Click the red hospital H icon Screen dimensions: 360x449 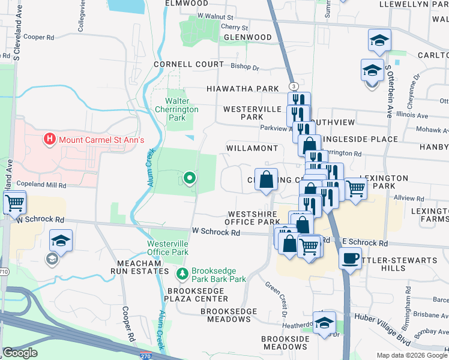50,140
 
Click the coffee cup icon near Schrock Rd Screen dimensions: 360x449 351,259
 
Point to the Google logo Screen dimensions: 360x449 20,352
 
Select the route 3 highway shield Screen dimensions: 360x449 292,86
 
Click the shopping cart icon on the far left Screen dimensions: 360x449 14,202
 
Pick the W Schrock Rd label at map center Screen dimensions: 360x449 216,232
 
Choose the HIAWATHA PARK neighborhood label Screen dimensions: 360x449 243,89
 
